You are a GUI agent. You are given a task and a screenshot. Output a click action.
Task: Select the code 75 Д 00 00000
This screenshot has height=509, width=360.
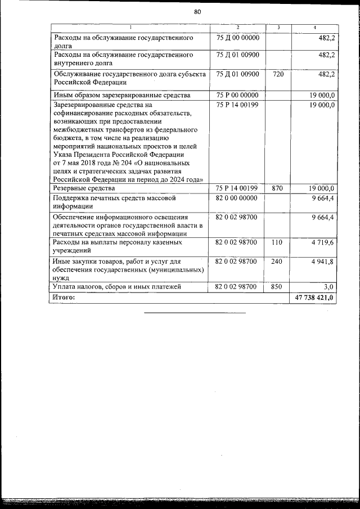coord(237,38)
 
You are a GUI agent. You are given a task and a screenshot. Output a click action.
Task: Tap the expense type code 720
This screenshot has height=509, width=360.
coord(277,74)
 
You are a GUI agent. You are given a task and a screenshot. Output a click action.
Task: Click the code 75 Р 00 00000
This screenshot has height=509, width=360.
coord(237,95)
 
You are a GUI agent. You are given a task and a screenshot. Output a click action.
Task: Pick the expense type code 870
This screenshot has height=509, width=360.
coord(277,188)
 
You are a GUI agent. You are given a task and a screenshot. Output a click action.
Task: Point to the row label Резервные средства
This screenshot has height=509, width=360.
coord(84,188)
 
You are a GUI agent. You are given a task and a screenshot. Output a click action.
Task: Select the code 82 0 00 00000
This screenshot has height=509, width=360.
coord(237,198)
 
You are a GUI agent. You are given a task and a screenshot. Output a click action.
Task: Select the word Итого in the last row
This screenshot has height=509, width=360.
coord(64,298)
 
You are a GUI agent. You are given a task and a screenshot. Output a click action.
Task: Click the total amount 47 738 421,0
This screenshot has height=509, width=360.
coord(314,298)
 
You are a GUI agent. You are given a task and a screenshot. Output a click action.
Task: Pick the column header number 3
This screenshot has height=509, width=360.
coord(278,28)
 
